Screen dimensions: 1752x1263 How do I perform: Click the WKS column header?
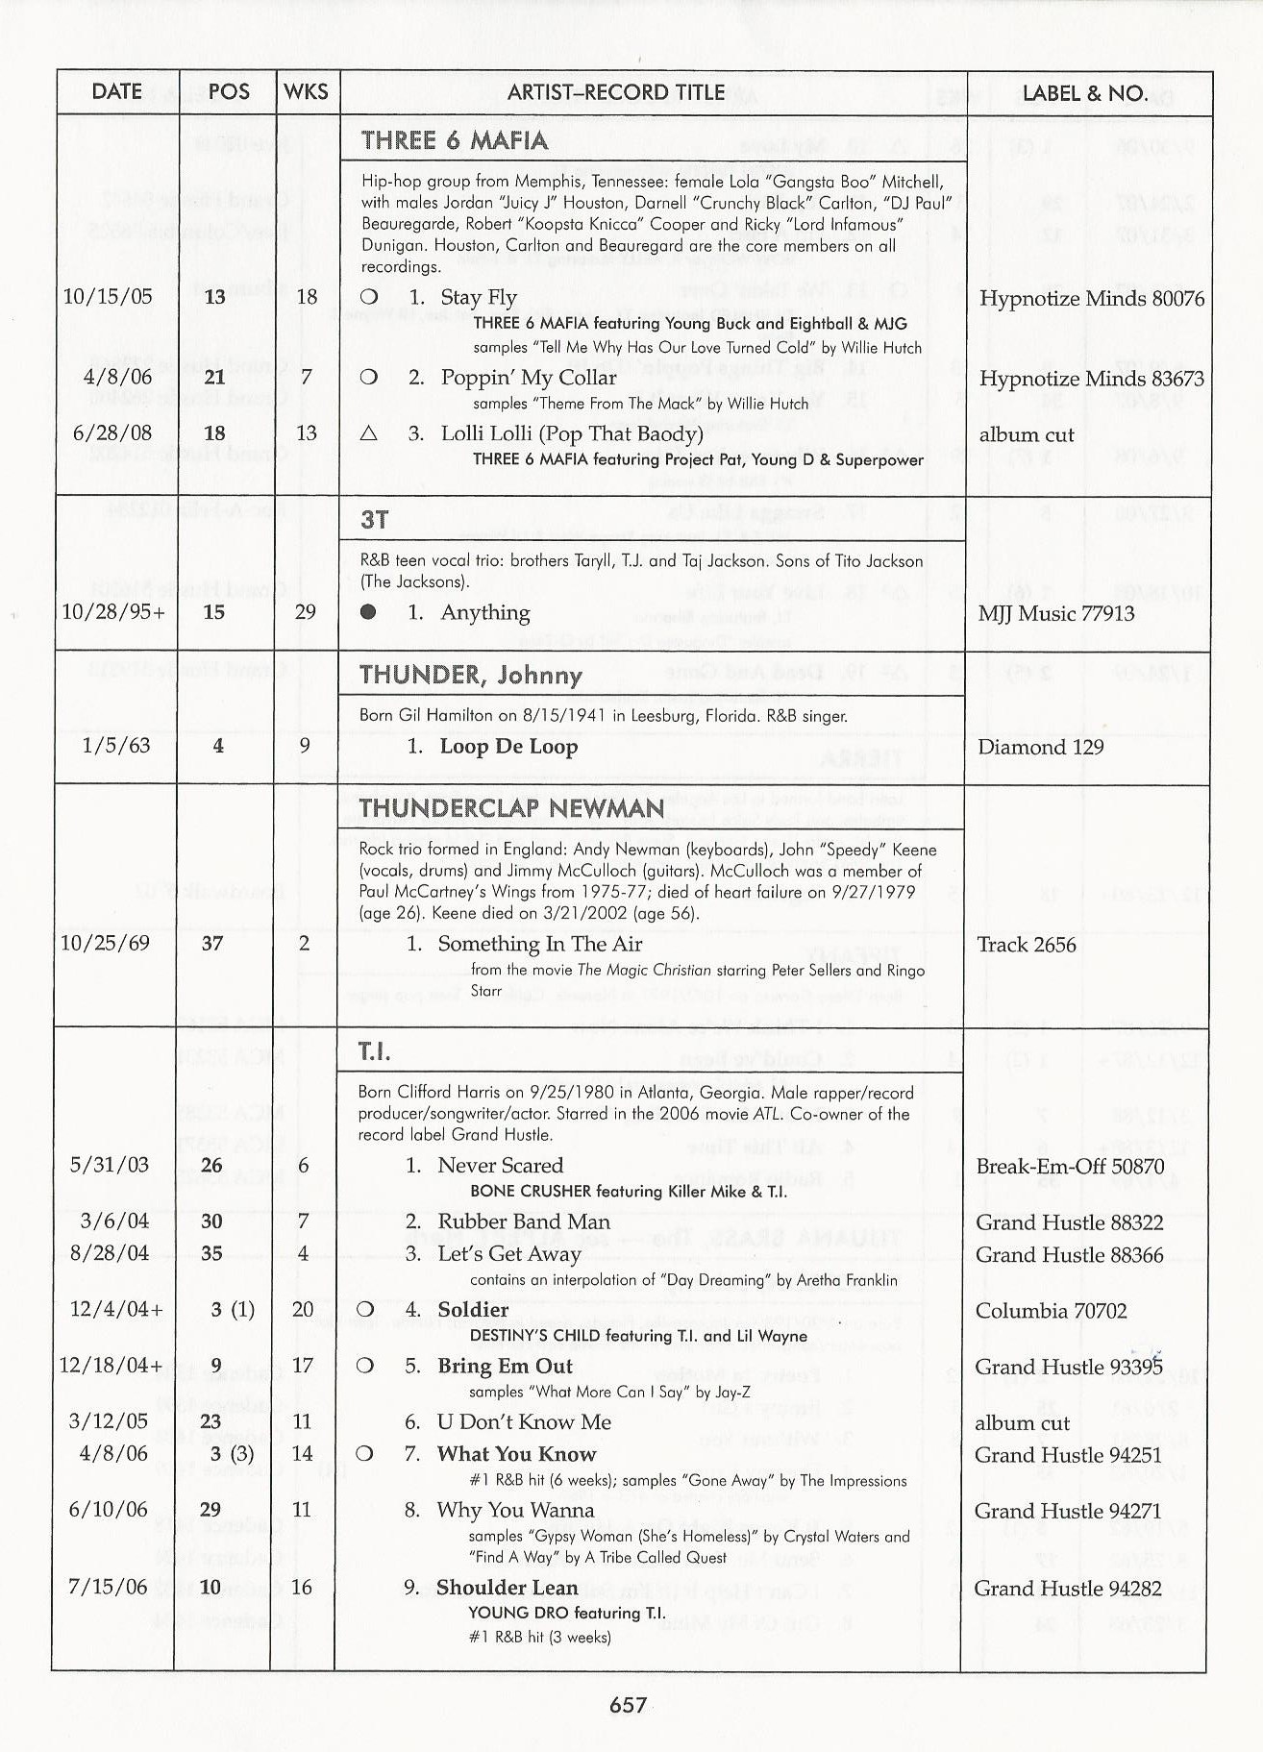coord(307,92)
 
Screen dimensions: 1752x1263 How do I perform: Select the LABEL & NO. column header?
coord(1085,93)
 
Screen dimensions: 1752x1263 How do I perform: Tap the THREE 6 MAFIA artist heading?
coord(455,140)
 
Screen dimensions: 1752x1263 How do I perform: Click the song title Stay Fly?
coord(479,297)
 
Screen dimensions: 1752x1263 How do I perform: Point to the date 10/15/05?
coord(108,296)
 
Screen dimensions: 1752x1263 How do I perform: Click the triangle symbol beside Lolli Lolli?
coord(368,433)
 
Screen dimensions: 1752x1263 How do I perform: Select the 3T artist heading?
coord(375,520)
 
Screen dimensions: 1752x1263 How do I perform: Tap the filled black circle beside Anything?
coord(367,612)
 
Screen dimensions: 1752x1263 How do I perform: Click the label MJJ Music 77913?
coord(1055,613)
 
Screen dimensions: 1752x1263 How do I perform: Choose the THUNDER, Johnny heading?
coord(471,675)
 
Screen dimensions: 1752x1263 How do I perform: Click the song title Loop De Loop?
coord(508,746)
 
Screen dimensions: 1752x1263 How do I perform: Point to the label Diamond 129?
coord(1040,747)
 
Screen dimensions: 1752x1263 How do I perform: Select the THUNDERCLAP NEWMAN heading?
coord(511,807)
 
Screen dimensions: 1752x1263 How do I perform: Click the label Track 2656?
coord(1026,945)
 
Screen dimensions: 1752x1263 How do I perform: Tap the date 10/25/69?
coord(106,943)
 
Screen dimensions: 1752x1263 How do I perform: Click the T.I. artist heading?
coord(375,1052)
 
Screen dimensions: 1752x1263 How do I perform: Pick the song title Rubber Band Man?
coord(524,1221)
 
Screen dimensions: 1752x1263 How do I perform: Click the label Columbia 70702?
coord(1051,1311)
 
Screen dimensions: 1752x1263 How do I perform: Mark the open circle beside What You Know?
coord(364,1454)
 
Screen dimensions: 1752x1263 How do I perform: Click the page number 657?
coord(628,1704)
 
